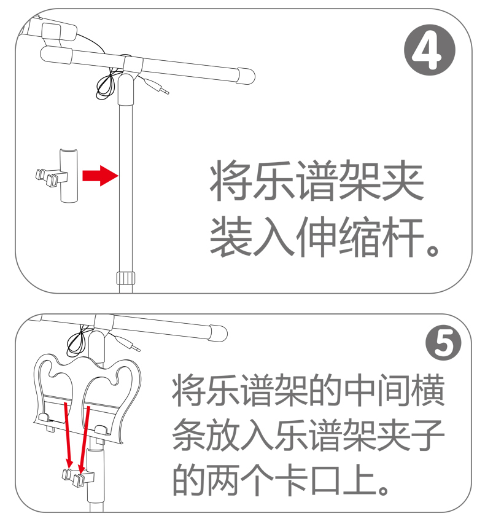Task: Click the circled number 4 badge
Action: (429, 50)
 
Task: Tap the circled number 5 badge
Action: (443, 343)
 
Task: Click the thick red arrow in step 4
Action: (101, 176)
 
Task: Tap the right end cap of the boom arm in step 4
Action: (246, 76)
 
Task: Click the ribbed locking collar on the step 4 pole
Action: (126, 278)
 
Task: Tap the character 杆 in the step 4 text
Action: (403, 237)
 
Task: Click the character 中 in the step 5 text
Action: (360, 391)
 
